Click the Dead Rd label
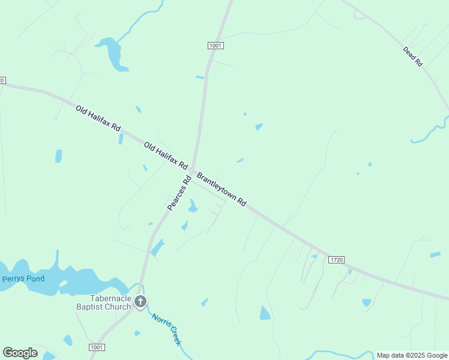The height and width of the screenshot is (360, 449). point(413,56)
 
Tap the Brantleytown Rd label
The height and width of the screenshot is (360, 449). point(221,190)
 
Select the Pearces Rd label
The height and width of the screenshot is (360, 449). point(178,193)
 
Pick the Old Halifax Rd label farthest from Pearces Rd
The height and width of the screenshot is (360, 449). point(98,119)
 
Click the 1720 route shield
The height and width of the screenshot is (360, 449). point(336,259)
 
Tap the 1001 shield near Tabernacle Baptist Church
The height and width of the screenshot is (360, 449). point(97,347)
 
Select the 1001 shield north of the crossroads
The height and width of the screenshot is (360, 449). point(216,46)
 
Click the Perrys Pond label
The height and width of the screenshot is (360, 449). point(23,278)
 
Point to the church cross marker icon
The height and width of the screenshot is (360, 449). point(140,302)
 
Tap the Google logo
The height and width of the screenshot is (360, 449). point(20,353)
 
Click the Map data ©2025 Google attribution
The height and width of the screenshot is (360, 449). point(411,355)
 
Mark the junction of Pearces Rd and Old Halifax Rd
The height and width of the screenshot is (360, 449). point(191,171)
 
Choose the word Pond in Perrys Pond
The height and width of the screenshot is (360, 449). point(35,278)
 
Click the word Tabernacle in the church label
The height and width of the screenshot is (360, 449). point(110,298)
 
